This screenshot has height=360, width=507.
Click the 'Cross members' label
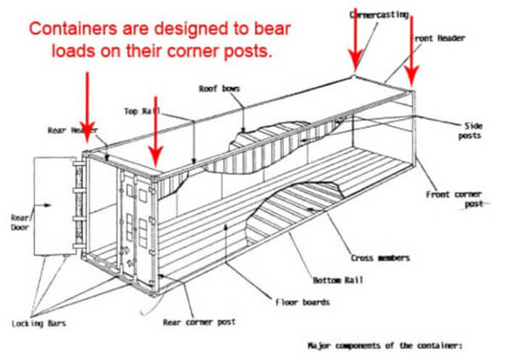click(380, 256)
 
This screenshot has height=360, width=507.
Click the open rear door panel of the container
click(54, 210)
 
